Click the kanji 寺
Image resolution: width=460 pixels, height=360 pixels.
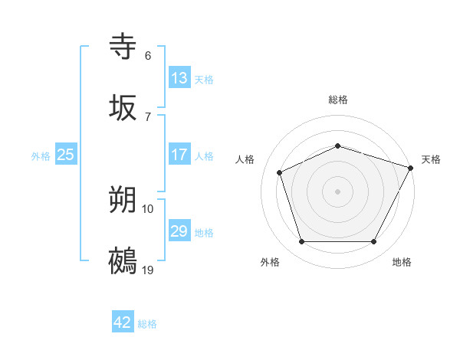coord(123,47)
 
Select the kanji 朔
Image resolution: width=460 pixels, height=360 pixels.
coord(123,200)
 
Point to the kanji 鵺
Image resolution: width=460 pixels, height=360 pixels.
coord(123,260)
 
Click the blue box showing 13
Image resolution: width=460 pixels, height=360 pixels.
coord(179,78)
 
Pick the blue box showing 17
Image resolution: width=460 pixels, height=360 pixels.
coord(179,155)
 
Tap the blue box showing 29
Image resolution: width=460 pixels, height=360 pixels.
coord(179,231)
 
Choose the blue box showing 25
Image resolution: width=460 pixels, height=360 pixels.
coord(66,155)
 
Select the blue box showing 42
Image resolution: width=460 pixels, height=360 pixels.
coord(123,322)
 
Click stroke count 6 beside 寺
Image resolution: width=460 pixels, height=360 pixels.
coord(148,56)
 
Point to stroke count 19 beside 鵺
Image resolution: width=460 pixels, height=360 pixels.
coord(148,270)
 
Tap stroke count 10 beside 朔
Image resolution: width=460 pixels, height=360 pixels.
coord(148,208)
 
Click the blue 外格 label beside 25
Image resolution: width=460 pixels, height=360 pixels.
coord(41,156)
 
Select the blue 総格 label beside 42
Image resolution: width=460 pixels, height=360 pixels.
coord(147,324)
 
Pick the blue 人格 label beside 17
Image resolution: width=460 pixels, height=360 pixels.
coord(204,156)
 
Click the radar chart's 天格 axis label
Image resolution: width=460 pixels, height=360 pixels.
coord(431,159)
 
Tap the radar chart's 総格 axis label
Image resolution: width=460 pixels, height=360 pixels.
coord(338,100)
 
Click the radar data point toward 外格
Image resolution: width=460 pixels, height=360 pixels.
coord(301,242)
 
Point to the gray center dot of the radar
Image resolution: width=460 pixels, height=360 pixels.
coord(338,191)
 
